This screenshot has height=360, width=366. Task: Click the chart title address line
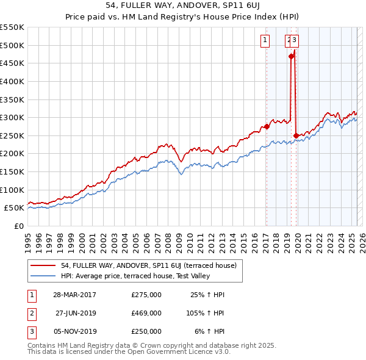pos(182,6)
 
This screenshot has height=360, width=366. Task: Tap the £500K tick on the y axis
pos(12,45)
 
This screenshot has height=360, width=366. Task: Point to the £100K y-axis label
pos(12,190)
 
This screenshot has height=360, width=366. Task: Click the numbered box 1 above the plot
pos(266,41)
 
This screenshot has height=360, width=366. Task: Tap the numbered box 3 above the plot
pos(295,41)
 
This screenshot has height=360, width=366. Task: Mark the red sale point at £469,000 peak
pos(291,56)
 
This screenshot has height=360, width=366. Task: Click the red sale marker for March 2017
pos(267,126)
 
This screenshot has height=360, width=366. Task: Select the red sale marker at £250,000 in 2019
pos(296,135)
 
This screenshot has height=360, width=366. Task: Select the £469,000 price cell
pos(146,313)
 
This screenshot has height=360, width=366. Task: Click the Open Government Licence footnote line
pos(129,352)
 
